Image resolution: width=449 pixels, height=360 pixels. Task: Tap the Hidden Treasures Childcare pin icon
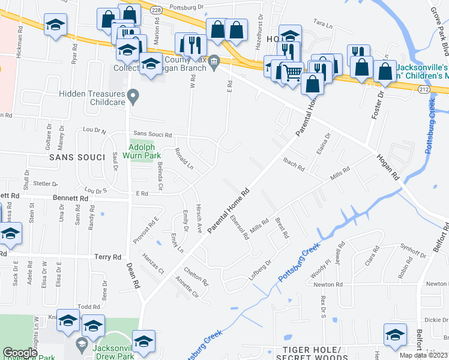coord(134,95)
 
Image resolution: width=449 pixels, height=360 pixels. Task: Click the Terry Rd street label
coord(108,257)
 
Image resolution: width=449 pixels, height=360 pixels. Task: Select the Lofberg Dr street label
coord(261,270)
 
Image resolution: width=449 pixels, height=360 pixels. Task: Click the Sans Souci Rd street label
coord(152,134)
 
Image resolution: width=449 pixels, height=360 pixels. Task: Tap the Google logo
coord(19,353)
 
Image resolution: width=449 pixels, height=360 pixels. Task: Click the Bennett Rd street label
coord(71,197)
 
